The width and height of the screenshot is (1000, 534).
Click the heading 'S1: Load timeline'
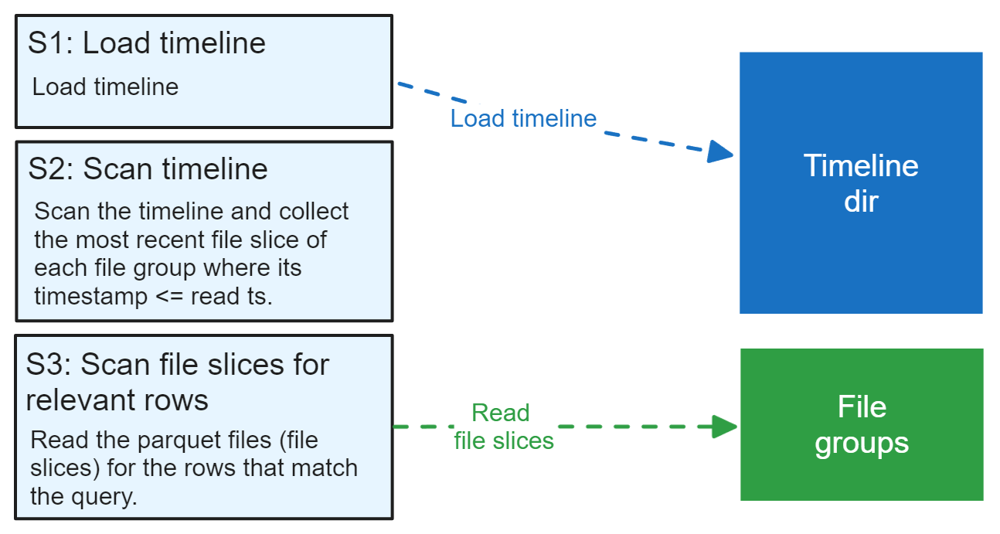(147, 43)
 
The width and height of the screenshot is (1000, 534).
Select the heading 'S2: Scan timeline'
(148, 169)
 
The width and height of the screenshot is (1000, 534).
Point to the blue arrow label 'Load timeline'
(523, 118)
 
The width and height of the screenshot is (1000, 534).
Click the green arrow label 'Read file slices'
(503, 427)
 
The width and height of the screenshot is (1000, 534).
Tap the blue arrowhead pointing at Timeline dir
(720, 151)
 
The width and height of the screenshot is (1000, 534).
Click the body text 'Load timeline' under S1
(105, 87)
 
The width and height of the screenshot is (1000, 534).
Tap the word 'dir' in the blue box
(861, 202)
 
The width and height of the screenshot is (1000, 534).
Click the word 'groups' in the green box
(862, 444)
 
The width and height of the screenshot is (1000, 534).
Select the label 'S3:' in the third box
(48, 364)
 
